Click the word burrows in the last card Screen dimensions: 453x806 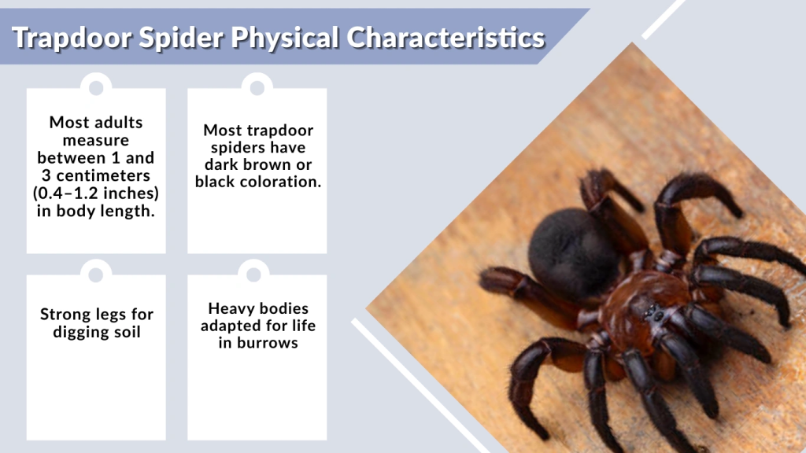click(x=268, y=343)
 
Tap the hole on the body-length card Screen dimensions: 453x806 click(x=96, y=87)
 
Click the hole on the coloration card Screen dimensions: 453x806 click(x=257, y=87)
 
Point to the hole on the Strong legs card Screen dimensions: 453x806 click(x=96, y=274)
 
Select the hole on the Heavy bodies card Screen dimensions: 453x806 click(x=253, y=274)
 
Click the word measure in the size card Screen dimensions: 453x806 click(x=96, y=140)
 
